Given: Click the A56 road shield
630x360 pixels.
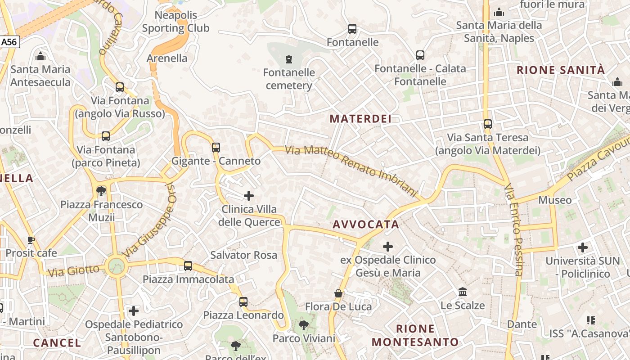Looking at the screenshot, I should click(9, 42).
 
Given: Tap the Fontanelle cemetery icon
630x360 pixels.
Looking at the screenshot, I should click(289, 59).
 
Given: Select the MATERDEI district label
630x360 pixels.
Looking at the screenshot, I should click(360, 119).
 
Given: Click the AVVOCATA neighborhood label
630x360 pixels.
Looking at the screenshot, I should click(366, 224).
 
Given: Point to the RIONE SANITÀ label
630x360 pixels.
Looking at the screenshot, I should click(561, 70).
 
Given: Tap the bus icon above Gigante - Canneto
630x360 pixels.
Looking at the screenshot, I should click(216, 147).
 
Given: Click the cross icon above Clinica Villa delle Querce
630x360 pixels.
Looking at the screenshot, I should click(248, 196).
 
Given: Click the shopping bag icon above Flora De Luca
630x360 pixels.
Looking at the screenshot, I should click(338, 293).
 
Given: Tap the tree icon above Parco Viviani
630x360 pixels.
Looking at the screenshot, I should click(304, 325).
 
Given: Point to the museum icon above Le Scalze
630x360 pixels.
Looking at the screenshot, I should click(463, 292).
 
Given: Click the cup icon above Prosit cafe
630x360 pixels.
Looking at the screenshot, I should click(31, 239).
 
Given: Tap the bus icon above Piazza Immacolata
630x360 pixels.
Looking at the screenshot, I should click(188, 266).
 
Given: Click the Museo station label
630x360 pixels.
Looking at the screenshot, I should click(555, 200).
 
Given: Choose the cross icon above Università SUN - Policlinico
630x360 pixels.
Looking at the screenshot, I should click(583, 247).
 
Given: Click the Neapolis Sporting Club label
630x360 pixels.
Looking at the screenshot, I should click(176, 22).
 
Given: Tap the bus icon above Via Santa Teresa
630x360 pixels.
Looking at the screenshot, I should click(488, 124).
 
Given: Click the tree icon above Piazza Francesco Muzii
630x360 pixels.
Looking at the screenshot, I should click(101, 191).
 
